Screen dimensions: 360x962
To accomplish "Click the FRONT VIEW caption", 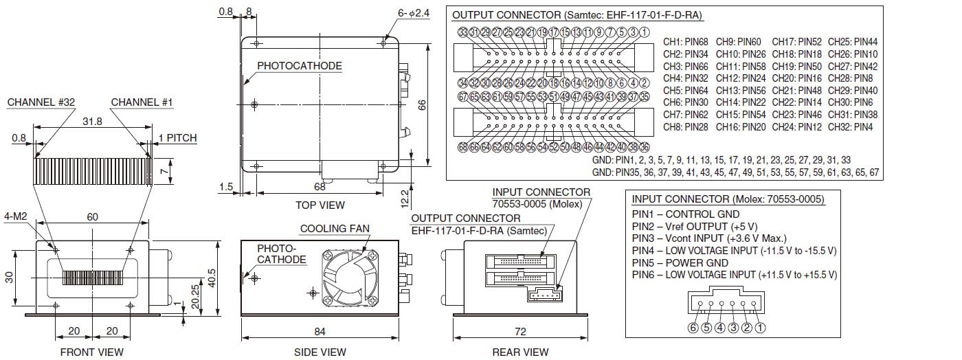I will point(91,352).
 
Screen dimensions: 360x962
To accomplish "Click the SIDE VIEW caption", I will point(320,352).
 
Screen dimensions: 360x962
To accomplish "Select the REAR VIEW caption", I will point(520,352).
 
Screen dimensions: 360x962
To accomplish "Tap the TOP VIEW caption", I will point(320,205).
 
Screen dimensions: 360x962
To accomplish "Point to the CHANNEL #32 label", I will point(41,102).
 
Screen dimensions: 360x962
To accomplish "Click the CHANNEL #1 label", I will point(142,102).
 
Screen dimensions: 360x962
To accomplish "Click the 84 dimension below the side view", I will point(320,332).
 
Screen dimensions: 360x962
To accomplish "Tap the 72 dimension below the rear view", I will point(520,332).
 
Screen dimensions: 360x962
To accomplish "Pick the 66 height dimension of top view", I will point(423,104).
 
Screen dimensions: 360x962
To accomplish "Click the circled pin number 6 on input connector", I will point(693,327).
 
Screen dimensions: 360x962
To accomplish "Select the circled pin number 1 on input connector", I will point(760,327).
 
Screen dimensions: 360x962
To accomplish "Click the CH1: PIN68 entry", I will point(686,42).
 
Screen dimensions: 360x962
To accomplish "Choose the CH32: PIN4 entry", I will point(853,127).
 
